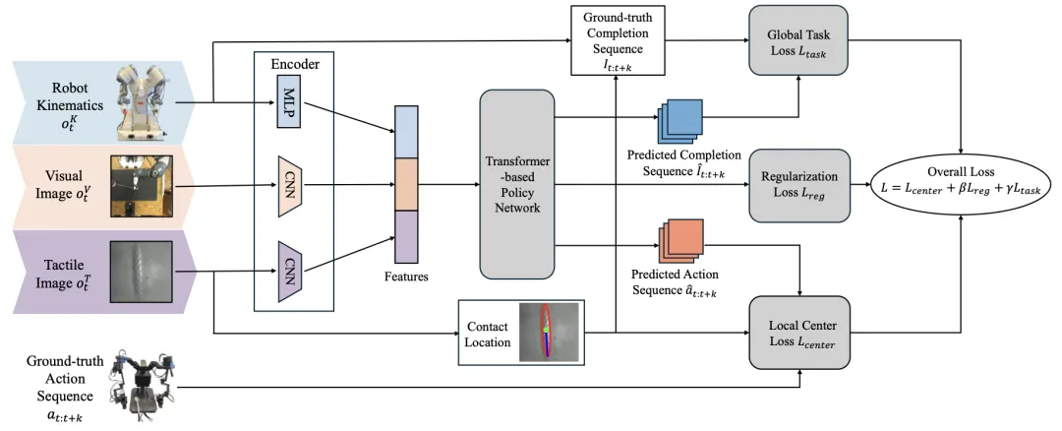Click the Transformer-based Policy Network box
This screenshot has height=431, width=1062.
coord(516,183)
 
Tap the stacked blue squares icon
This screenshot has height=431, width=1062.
coord(681,120)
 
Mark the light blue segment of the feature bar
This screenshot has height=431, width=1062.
coord(406,130)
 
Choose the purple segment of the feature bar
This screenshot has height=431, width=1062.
coord(406,237)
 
